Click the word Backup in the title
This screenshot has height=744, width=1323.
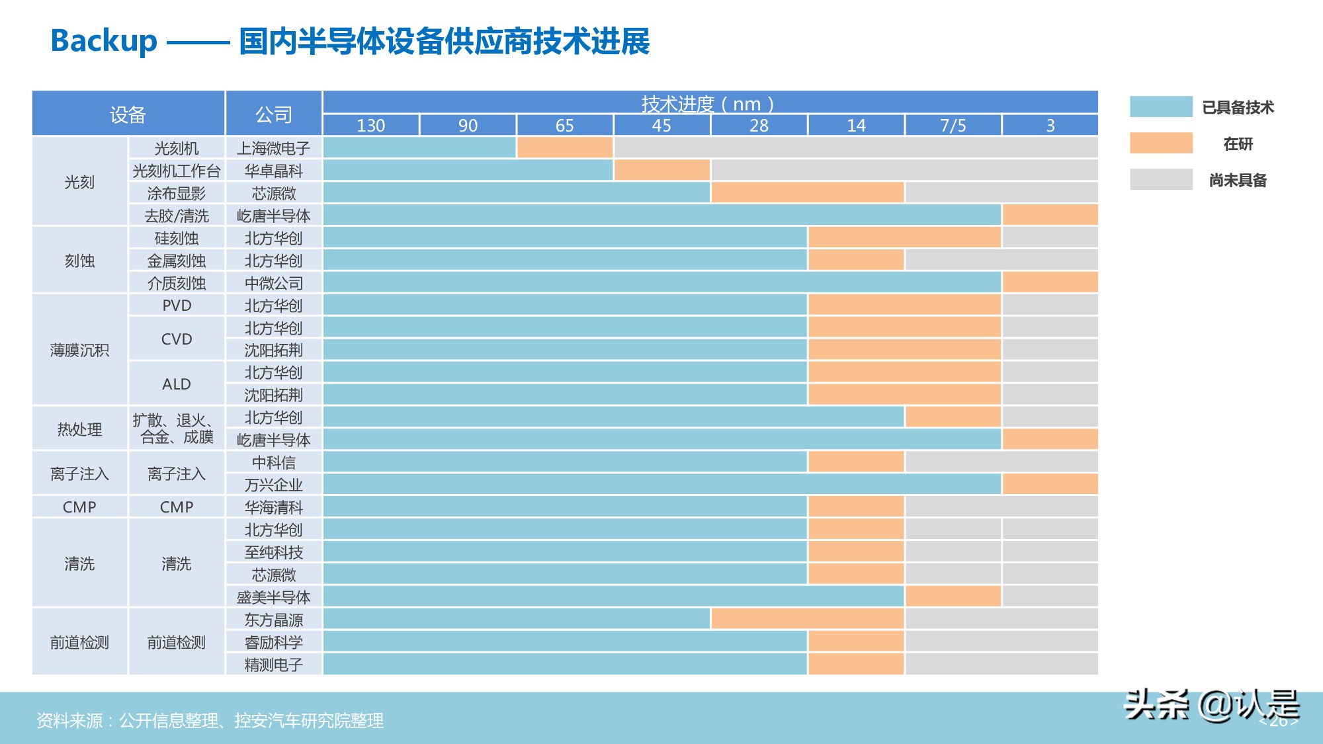[x=104, y=41]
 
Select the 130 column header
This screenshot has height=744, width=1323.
[x=370, y=125]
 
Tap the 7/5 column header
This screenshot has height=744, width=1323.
[x=953, y=125]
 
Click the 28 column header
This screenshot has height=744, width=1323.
[x=759, y=125]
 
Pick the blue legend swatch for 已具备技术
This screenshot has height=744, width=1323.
[x=1161, y=106]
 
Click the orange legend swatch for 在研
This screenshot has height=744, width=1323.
[x=1161, y=143]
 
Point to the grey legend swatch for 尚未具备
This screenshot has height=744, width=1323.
[x=1161, y=179]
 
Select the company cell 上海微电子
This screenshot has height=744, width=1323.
[x=273, y=148]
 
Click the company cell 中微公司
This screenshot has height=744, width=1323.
[x=273, y=283]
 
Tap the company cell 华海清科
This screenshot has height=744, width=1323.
[x=273, y=507]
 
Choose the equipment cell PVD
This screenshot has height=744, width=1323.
[x=177, y=306]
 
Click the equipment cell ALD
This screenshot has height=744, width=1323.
[x=177, y=384]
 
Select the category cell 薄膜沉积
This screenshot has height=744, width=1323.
[x=79, y=350]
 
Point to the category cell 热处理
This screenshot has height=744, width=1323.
[x=79, y=429]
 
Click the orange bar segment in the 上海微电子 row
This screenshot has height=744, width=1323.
[x=565, y=147]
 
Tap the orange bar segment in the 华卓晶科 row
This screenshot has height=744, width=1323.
[x=661, y=170]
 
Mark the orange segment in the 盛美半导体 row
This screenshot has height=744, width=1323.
[x=953, y=597]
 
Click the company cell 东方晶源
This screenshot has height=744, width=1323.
[x=273, y=620]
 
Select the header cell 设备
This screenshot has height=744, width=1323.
[x=128, y=114]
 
